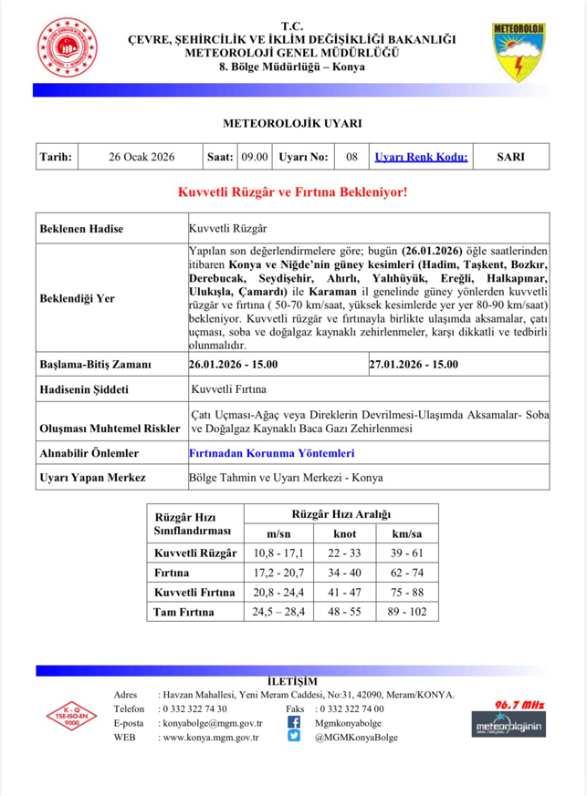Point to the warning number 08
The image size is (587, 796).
click(x=351, y=157)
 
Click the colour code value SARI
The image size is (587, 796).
click(x=509, y=157)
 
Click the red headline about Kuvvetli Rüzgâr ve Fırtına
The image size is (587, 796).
click(x=292, y=193)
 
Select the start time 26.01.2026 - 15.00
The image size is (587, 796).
click(x=233, y=365)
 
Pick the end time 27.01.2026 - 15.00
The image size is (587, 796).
click(x=414, y=365)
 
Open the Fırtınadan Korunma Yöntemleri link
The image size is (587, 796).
click(x=271, y=452)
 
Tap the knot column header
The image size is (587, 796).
click(x=343, y=532)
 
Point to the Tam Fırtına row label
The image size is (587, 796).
click(x=183, y=612)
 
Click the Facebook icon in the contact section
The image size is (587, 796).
click(x=294, y=722)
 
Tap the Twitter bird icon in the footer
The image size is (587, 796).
click(x=294, y=737)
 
